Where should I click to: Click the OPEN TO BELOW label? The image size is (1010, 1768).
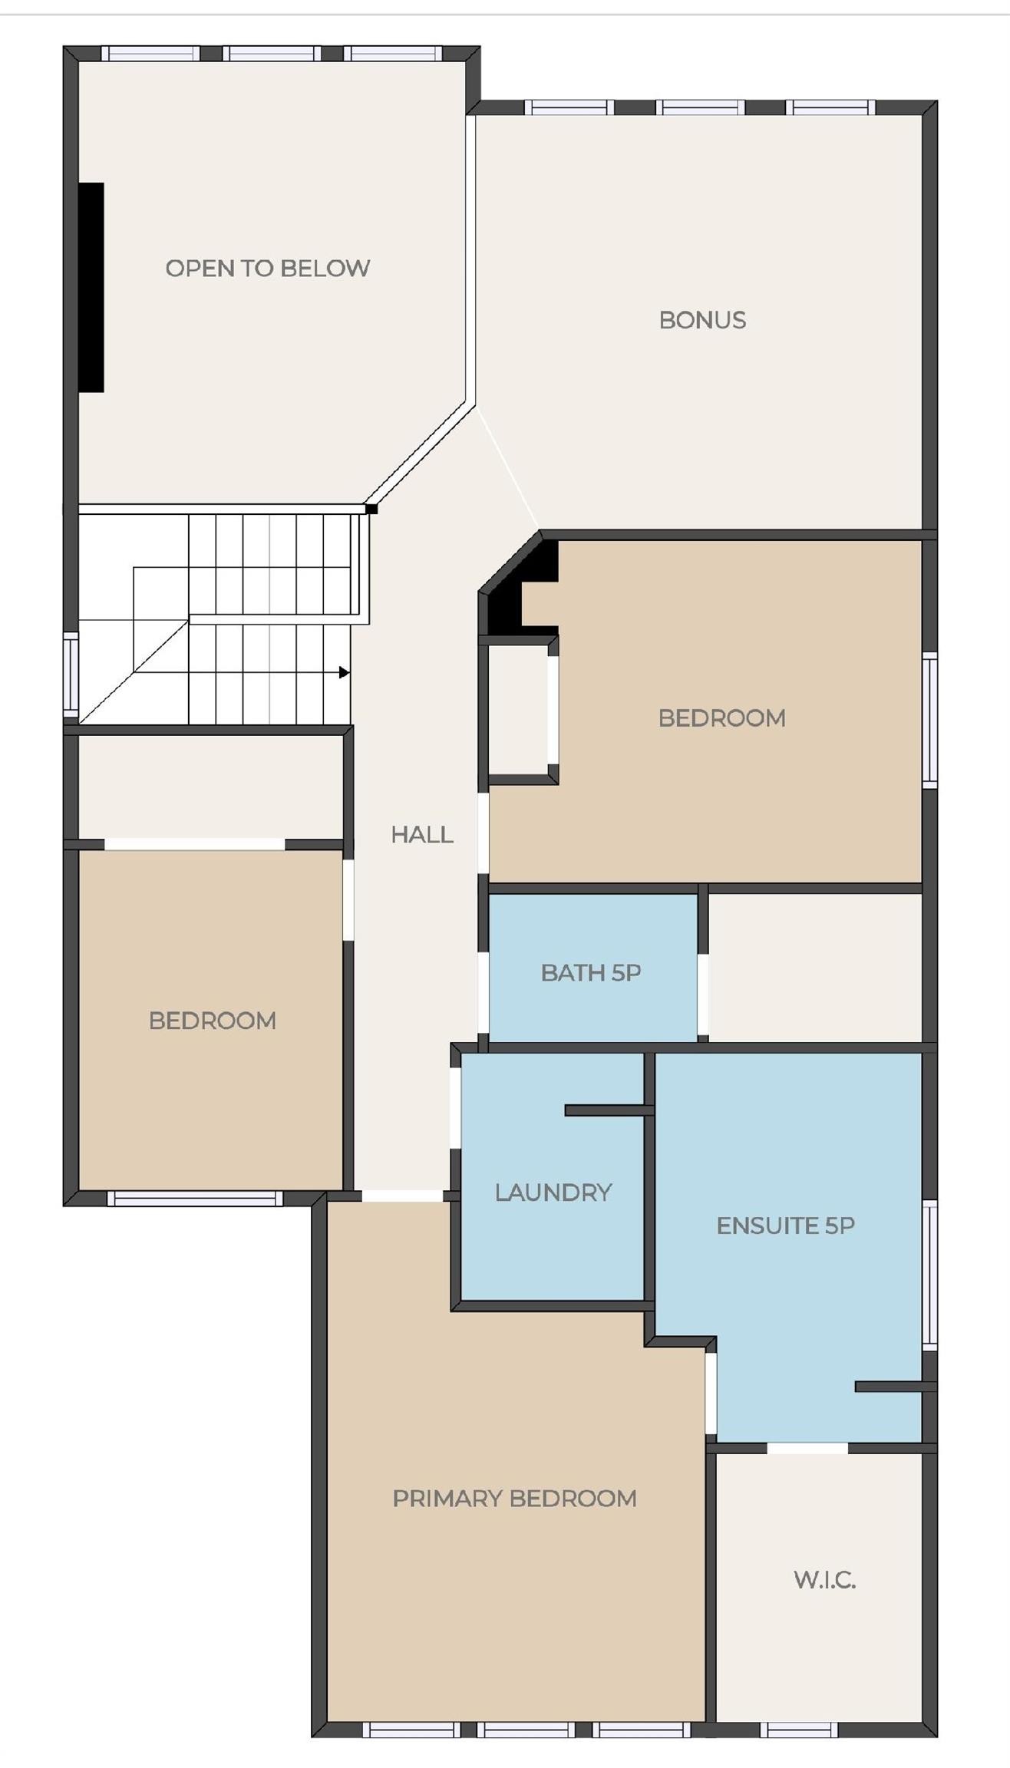(267, 269)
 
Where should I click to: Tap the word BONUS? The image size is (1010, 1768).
(702, 320)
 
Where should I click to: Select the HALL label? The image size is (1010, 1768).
(421, 834)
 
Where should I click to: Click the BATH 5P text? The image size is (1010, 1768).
(590, 972)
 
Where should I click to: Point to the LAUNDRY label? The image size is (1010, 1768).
(553, 1192)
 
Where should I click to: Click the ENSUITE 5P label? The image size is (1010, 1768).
(785, 1225)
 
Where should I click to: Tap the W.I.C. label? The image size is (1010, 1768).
(824, 1579)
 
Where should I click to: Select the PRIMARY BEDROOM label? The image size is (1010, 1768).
(514, 1498)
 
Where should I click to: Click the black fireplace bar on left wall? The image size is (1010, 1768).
(91, 287)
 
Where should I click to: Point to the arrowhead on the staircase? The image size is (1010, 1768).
(345, 672)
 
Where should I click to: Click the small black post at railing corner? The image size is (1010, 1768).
(371, 509)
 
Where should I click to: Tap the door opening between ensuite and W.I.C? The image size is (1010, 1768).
(807, 1447)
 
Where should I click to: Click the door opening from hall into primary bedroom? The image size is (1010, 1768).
(402, 1196)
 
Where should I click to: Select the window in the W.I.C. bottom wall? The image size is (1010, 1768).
(799, 1730)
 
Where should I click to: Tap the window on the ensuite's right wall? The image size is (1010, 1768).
(929, 1274)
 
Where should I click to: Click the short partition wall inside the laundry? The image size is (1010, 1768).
(608, 1110)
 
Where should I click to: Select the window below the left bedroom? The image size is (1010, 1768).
(194, 1199)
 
